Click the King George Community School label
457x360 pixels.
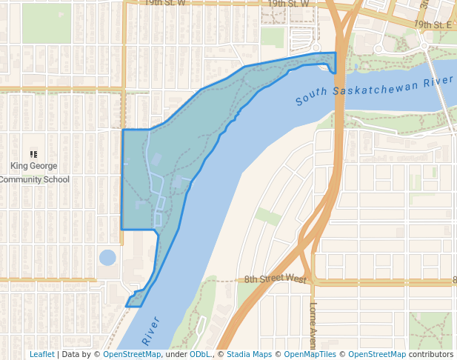click(34, 173)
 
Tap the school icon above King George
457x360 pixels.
click(33, 153)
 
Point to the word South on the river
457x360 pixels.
click(310, 99)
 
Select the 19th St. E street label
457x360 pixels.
click(433, 24)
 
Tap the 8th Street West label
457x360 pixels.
click(276, 279)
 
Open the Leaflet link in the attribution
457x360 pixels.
click(41, 354)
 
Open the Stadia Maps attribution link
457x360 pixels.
click(249, 354)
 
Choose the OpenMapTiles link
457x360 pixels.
click(311, 354)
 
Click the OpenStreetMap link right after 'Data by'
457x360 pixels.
click(132, 354)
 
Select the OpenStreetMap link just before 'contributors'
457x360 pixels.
click(377, 354)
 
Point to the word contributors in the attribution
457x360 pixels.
click(430, 354)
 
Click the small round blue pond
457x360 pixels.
click(107, 258)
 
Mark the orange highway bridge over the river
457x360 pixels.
click(340, 81)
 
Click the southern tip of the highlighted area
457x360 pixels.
click(128, 304)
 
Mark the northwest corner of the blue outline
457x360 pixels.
click(122, 130)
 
